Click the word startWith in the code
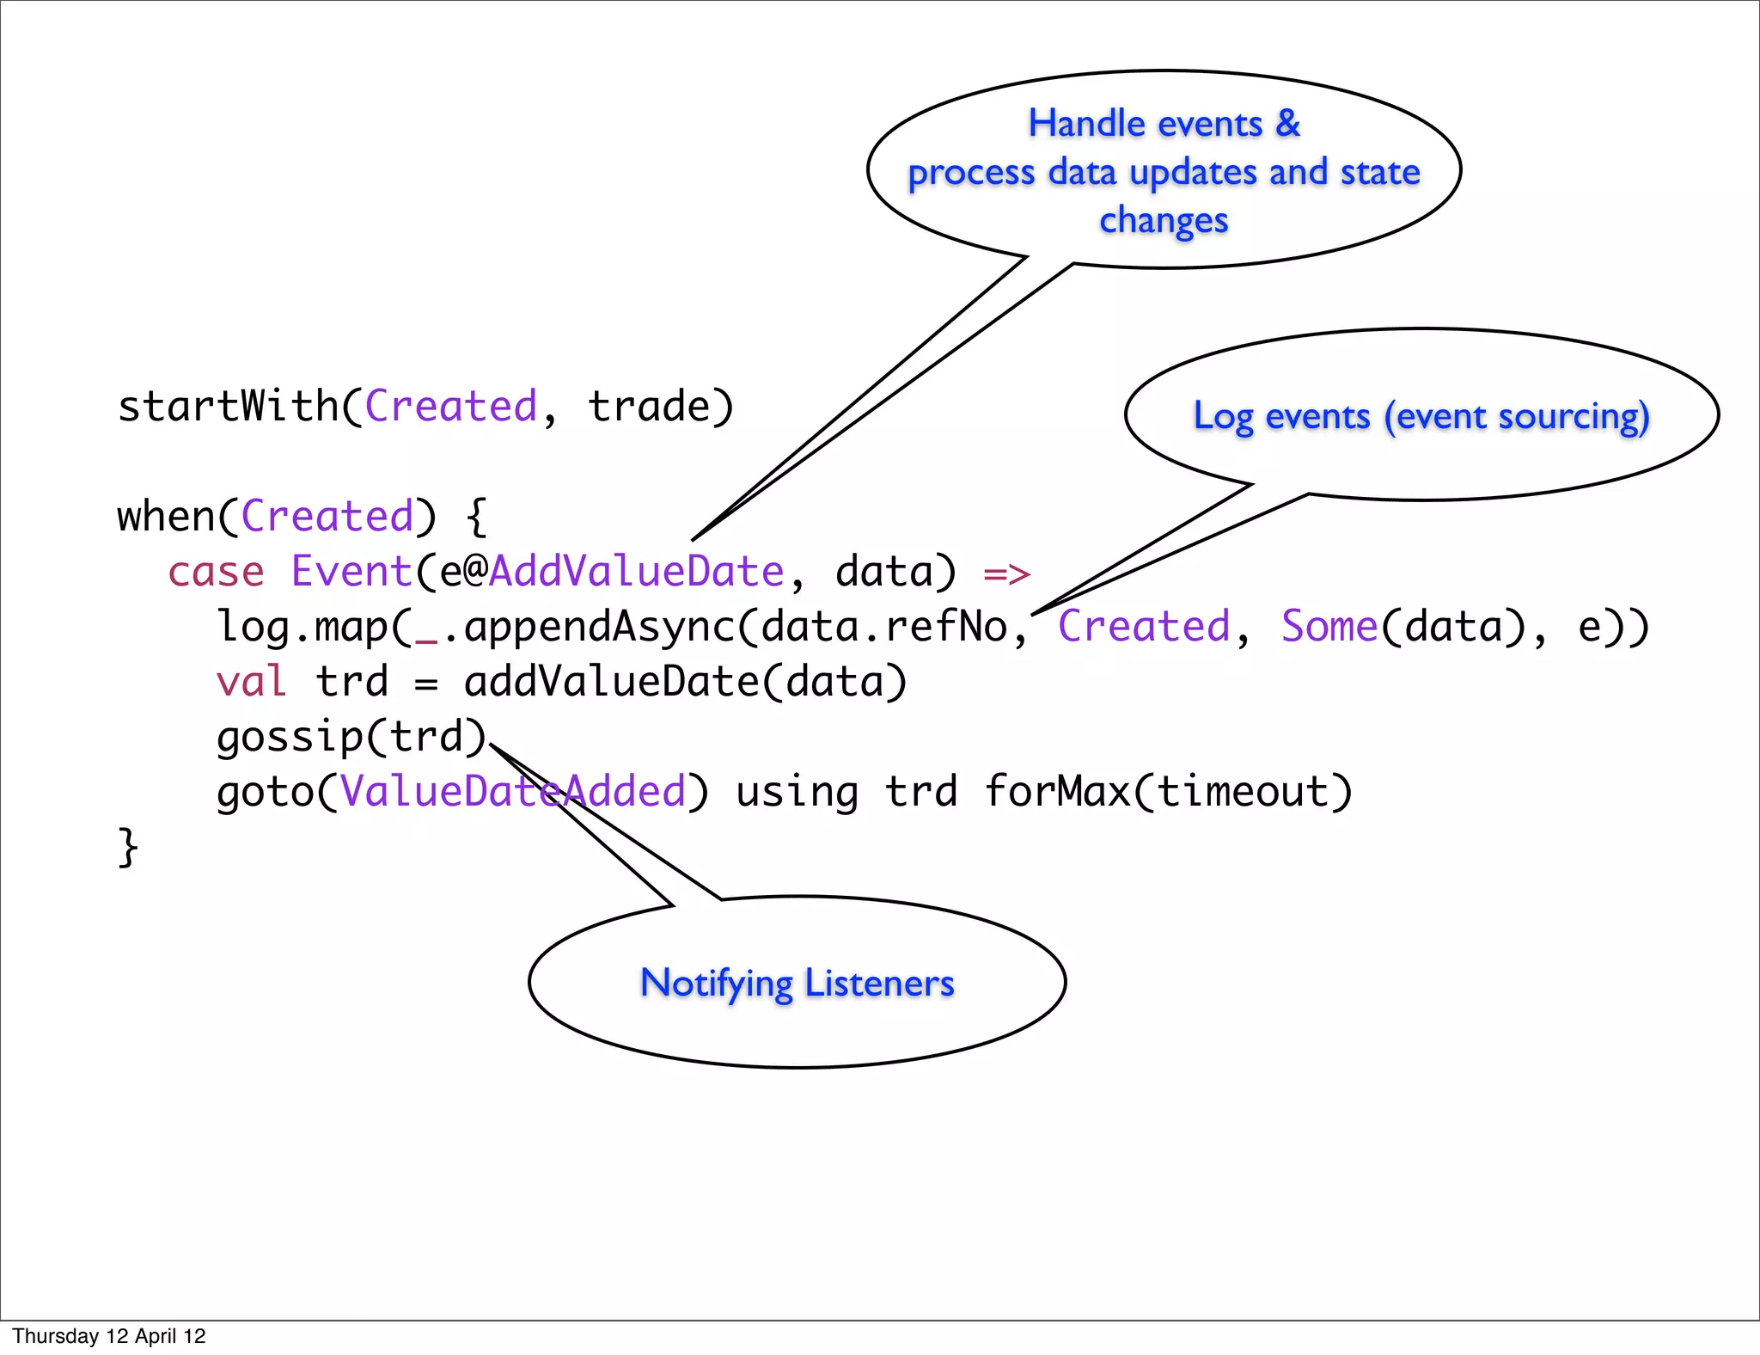[x=229, y=406]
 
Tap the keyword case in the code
[x=216, y=572]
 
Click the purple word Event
[x=352, y=572]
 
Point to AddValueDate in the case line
[x=636, y=572]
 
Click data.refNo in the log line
[x=884, y=627]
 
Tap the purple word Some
[x=1329, y=626]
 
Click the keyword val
[x=251, y=682]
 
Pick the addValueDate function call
[x=612, y=682]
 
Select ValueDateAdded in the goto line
[x=513, y=791]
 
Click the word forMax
[x=1057, y=791]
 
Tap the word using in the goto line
[x=797, y=793]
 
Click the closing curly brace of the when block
[x=128, y=848]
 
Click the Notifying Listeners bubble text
[x=797, y=983]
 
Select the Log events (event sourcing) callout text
[x=1421, y=416]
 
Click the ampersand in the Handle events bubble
[x=1287, y=123]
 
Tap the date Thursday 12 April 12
[x=109, y=1336]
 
